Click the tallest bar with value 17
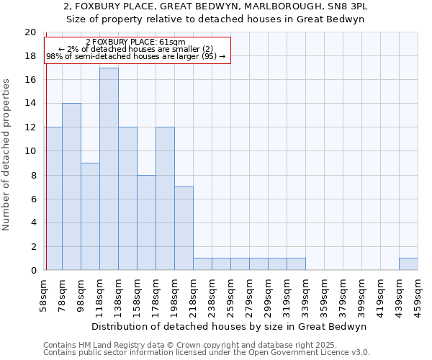coord(109,169)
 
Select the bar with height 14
coord(71,186)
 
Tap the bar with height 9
coord(90,216)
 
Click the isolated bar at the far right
coord(408,264)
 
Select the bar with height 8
coord(146,222)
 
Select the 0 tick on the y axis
coord(32,270)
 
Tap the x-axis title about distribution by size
coord(230,326)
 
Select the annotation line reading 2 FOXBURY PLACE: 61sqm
coord(135,42)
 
